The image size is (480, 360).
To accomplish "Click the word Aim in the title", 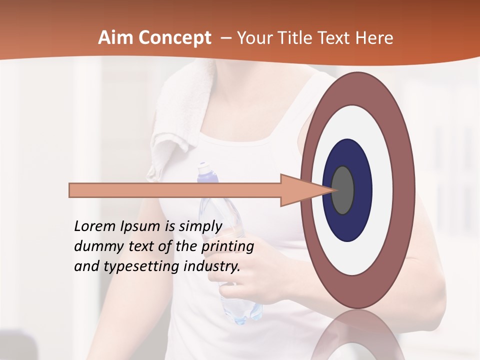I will pyautogui.click(x=115, y=38).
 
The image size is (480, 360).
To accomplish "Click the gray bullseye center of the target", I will pyautogui.click(x=343, y=190).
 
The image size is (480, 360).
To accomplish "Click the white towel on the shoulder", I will pyautogui.click(x=175, y=115).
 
